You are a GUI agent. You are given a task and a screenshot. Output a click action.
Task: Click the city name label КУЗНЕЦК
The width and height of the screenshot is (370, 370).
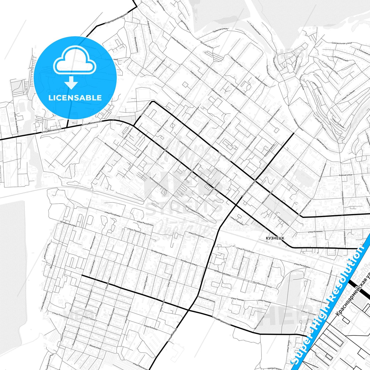[275, 238]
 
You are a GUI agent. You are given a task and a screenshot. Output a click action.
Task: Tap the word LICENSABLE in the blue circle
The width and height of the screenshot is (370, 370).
[75, 98]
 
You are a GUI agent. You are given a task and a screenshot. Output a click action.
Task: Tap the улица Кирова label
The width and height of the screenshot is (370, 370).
[225, 157]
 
